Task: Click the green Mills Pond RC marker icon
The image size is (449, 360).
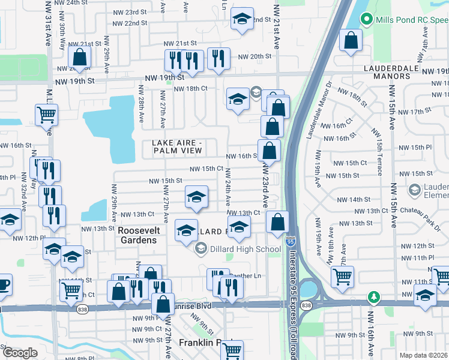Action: [367, 20]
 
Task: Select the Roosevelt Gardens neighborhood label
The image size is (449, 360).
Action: [137, 235]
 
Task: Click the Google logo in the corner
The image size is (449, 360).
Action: [20, 352]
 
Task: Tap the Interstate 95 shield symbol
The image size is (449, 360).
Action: [291, 241]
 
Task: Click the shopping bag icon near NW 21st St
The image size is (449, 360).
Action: [79, 58]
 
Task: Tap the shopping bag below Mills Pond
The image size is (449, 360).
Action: [351, 41]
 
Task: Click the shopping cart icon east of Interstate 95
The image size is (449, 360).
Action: [342, 276]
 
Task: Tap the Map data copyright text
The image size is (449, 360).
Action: [424, 355]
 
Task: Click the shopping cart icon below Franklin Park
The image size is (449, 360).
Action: [232, 349]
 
